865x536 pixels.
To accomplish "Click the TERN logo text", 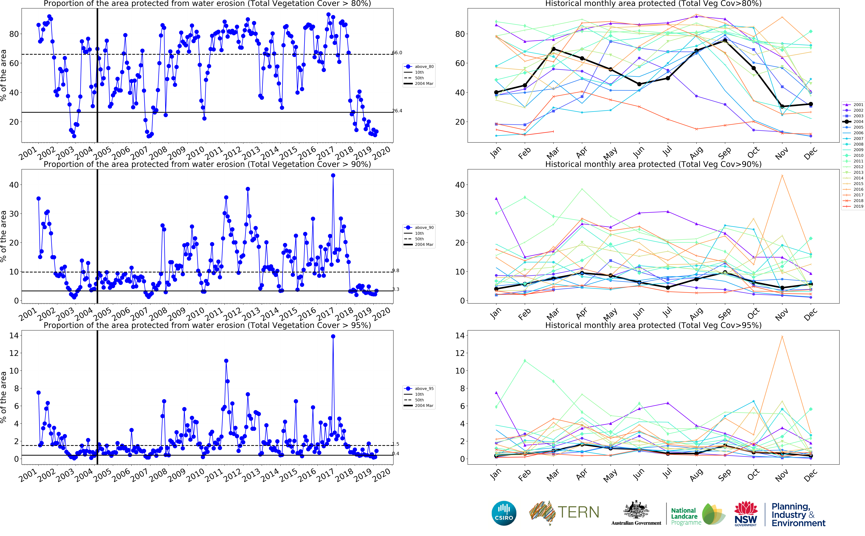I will (578, 513).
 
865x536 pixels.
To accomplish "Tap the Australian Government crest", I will (636, 510).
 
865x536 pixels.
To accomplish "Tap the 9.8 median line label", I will (395, 271).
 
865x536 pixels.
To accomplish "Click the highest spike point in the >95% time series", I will (333, 336).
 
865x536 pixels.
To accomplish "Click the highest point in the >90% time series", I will (333, 175).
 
